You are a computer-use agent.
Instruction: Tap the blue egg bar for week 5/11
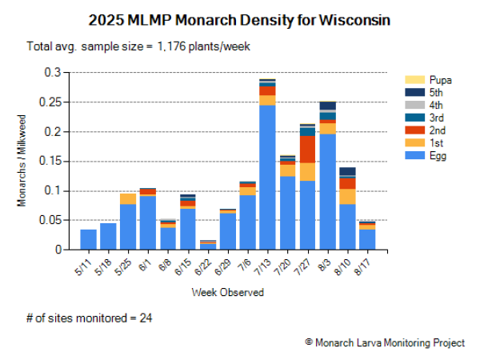click(x=89, y=240)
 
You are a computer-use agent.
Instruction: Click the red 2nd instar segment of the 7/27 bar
click(x=308, y=149)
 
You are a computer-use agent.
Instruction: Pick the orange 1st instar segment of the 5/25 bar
click(x=128, y=198)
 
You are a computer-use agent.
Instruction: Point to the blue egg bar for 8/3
click(x=327, y=192)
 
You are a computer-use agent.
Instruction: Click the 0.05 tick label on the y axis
click(x=52, y=220)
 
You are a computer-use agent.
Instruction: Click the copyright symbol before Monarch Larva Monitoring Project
click(x=309, y=342)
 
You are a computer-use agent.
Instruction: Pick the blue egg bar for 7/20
click(x=287, y=213)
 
